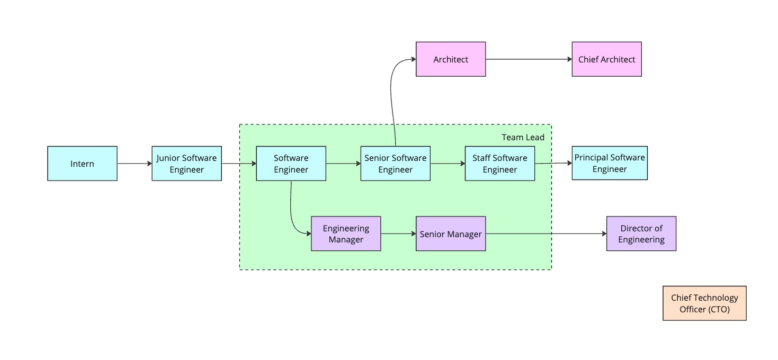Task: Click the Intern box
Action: pos(82,164)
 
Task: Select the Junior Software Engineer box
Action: pos(186,164)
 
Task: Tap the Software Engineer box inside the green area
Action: pos(291,164)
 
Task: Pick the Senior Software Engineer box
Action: pos(395,164)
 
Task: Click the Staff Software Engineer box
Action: pos(499,164)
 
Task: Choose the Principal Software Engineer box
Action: pos(609,164)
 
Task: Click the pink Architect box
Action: pos(450,59)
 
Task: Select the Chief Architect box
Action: pos(606,59)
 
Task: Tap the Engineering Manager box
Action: pos(345,233)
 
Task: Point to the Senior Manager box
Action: pos(450,233)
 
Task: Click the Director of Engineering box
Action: pos(641,233)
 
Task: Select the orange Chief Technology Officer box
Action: pos(704,303)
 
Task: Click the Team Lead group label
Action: pos(523,138)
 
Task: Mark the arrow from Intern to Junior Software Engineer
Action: pos(135,164)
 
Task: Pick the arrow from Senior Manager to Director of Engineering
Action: pos(546,233)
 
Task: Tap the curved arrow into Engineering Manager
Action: pos(292,212)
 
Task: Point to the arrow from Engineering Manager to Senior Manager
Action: pos(398,233)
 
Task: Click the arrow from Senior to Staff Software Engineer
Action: pos(448,164)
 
